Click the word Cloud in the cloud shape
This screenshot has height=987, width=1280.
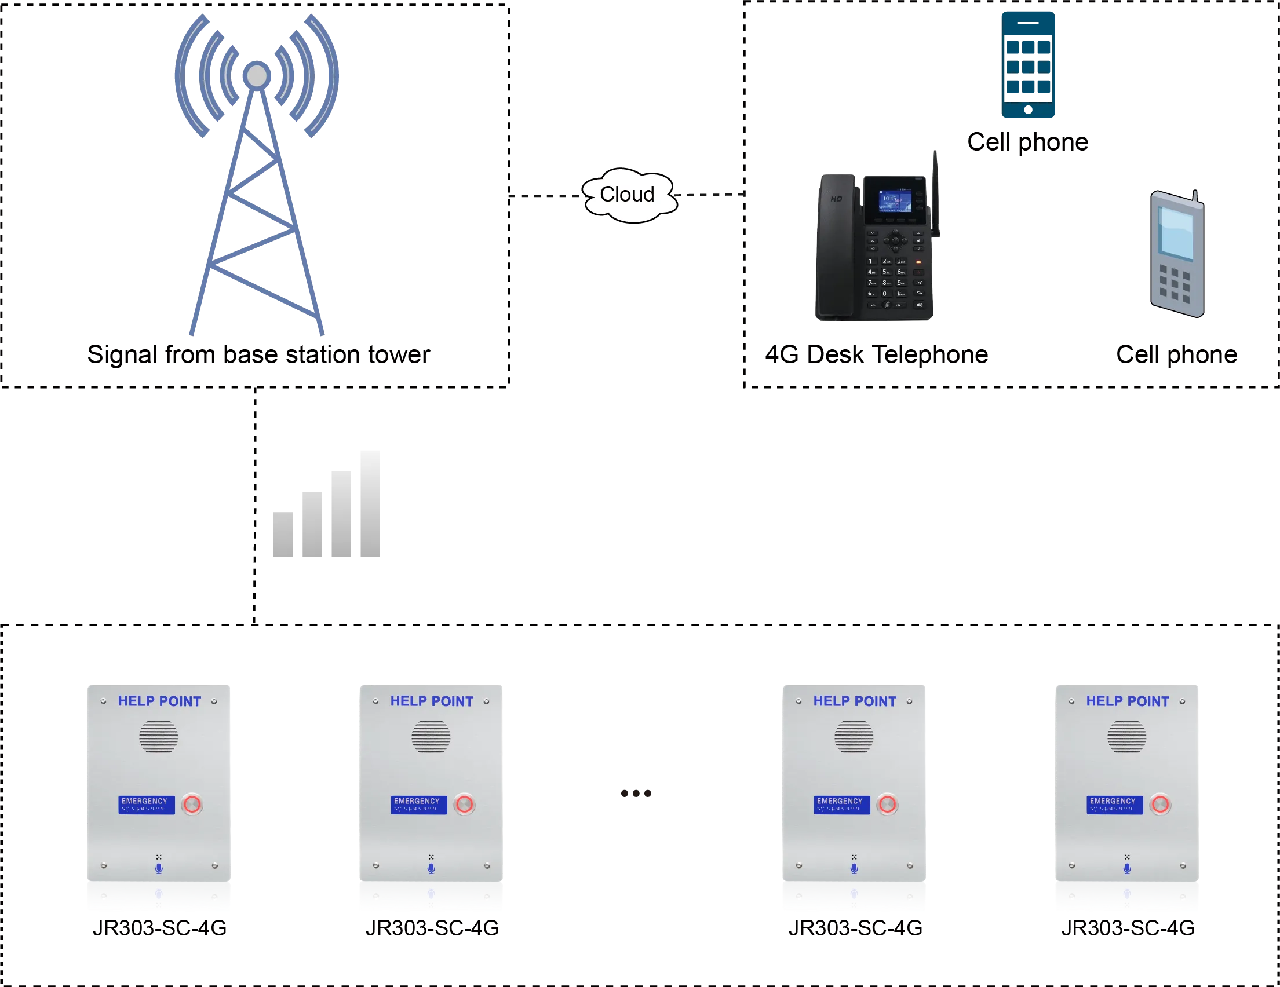point(626,195)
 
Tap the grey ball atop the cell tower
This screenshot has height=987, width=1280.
point(257,75)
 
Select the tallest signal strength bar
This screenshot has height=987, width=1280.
point(368,505)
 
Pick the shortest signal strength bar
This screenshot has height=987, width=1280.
point(285,535)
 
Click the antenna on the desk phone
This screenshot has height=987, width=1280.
point(936,193)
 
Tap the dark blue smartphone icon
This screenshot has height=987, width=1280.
point(1029,64)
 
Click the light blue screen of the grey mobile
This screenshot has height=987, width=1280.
point(1176,233)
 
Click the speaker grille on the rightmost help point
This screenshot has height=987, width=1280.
point(1126,736)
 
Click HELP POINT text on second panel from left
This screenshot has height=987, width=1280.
point(431,701)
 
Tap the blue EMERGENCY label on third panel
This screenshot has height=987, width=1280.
point(841,804)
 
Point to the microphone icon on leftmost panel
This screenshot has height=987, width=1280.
point(158,868)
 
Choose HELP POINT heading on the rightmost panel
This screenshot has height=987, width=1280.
point(1126,701)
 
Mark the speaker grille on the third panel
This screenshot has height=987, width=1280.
point(854,736)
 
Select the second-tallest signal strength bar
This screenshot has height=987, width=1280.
point(340,514)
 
